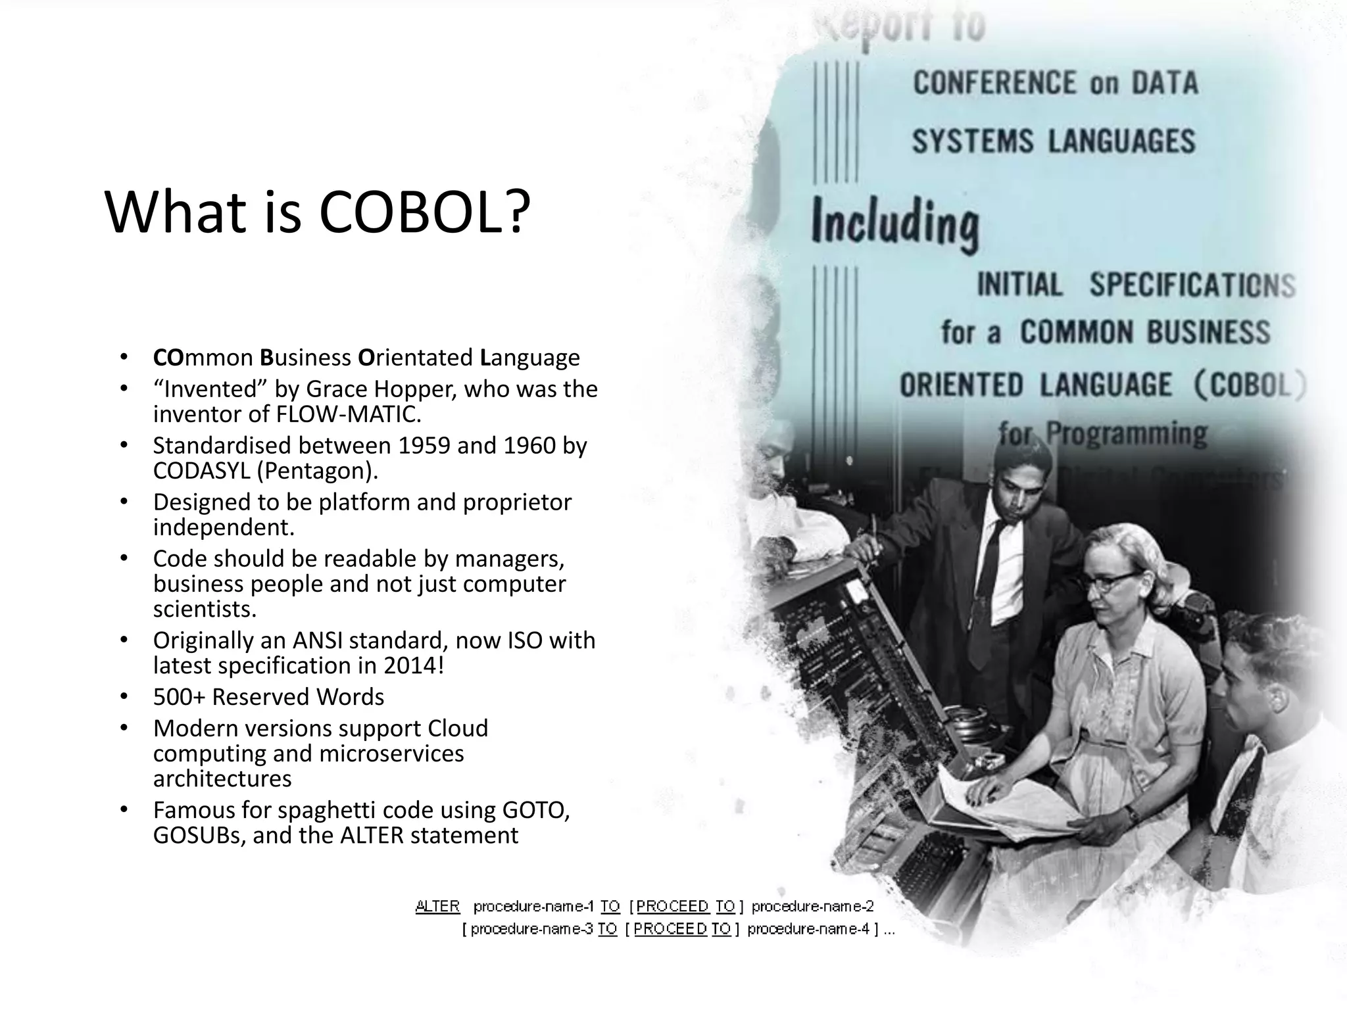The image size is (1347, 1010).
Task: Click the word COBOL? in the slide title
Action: [x=424, y=212]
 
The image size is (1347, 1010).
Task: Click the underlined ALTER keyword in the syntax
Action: [x=437, y=907]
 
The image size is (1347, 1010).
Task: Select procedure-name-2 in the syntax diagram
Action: [x=812, y=907]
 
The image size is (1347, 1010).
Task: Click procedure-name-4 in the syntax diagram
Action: [x=808, y=929]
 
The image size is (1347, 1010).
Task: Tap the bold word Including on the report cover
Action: [x=894, y=224]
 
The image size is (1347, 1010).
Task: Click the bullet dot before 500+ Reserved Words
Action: [x=123, y=696]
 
